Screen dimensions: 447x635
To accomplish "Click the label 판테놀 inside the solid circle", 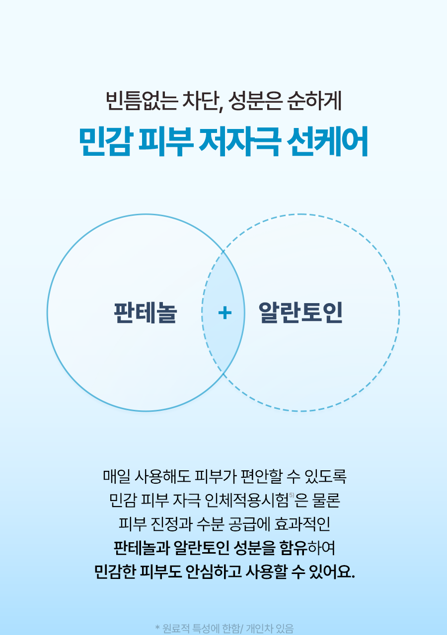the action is [x=145, y=313].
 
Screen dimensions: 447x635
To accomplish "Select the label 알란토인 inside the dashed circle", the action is [x=300, y=313].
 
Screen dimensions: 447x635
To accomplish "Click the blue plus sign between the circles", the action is [x=225, y=313].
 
